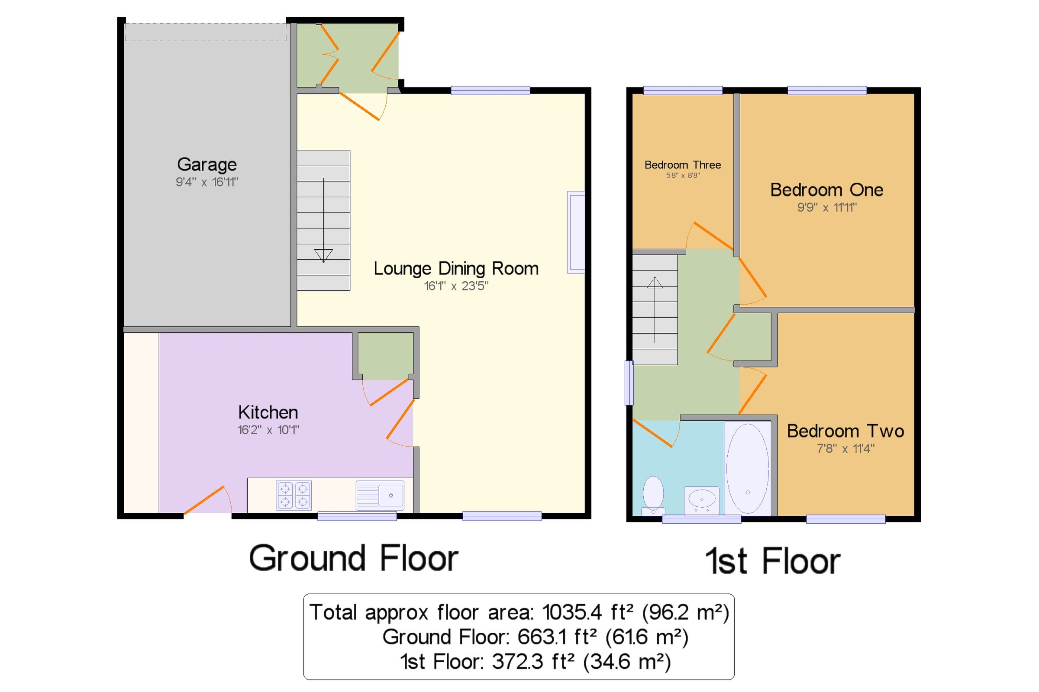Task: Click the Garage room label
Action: coord(207,164)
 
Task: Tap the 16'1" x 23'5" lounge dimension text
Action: coord(456,286)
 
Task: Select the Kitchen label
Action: coord(268,412)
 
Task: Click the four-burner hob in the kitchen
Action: coord(294,495)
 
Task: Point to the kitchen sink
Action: coord(380,495)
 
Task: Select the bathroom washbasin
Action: coord(701,499)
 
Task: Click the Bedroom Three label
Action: coord(682,165)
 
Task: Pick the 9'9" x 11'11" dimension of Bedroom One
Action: coord(826,207)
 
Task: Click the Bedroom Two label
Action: coord(845,431)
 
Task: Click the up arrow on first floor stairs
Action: coord(655,283)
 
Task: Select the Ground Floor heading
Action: coord(354,559)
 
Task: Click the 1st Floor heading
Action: coord(772,561)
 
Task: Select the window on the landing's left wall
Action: coord(629,383)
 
